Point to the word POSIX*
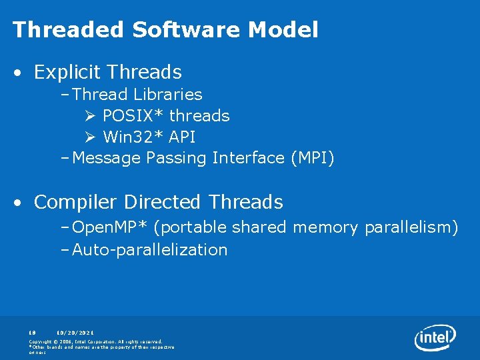click(133, 115)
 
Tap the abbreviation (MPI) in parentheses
click(312, 158)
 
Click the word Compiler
click(77, 201)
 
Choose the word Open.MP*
click(110, 227)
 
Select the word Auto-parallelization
click(150, 250)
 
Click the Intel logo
click(435, 337)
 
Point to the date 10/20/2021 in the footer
click(75, 332)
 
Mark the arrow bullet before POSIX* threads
click(91, 116)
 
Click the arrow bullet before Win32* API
click(91, 137)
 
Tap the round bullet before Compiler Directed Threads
click(22, 202)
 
